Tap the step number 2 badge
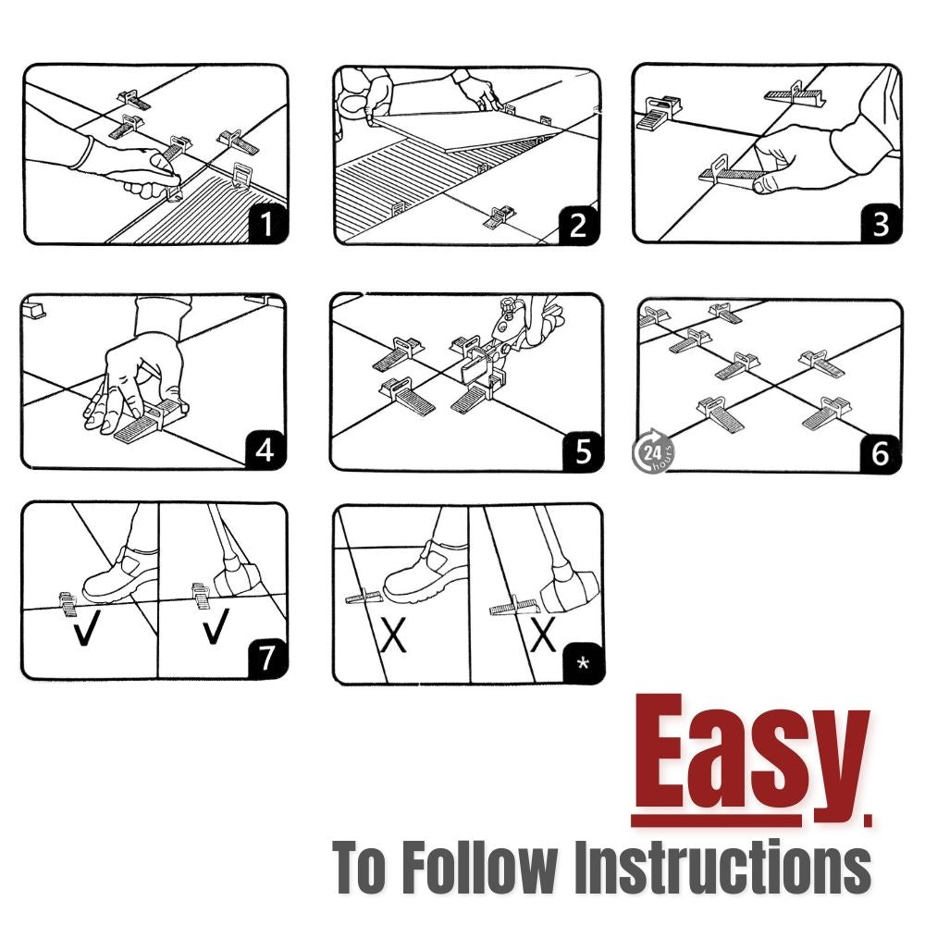pyautogui.click(x=578, y=225)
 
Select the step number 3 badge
pyautogui.click(x=881, y=224)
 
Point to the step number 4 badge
pyautogui.click(x=265, y=450)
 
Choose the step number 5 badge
pyautogui.click(x=583, y=452)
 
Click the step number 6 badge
pyautogui.click(x=881, y=453)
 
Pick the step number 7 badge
pyautogui.click(x=267, y=659)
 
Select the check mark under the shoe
pyautogui.click(x=84, y=630)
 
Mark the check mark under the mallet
pyautogui.click(x=216, y=626)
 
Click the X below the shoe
pyautogui.click(x=393, y=635)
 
